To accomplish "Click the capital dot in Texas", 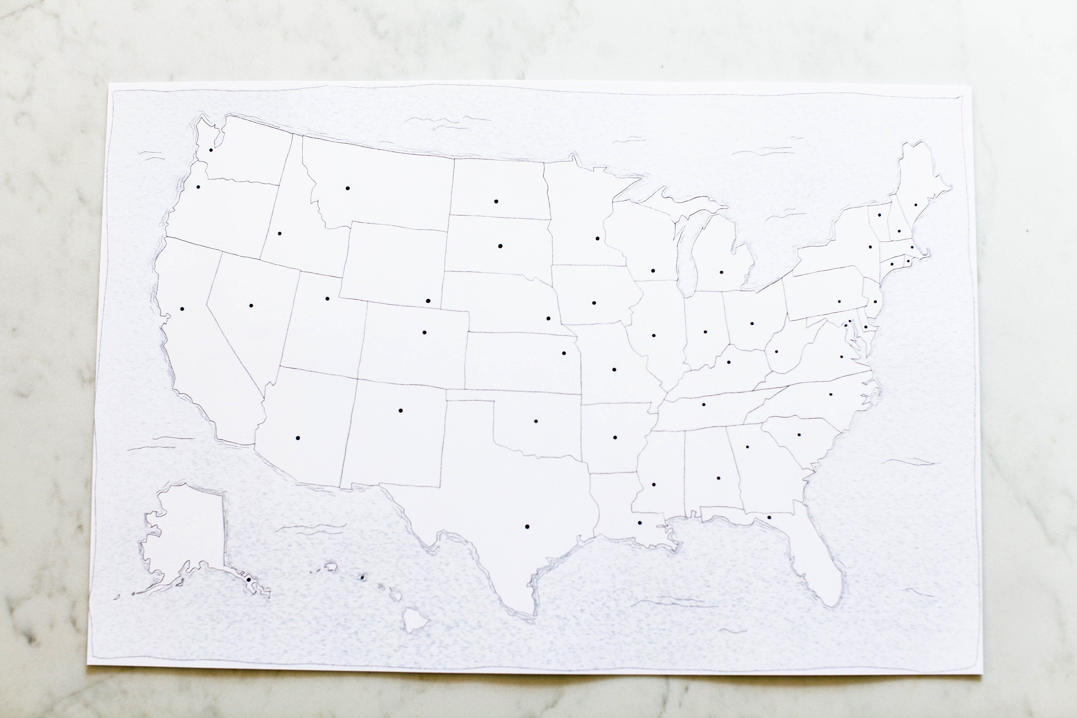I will (527, 527).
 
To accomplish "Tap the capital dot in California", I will (182, 309).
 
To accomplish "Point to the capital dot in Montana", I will (348, 188).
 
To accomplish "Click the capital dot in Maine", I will (916, 205).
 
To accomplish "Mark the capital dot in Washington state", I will (211, 150).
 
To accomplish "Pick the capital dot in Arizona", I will (298, 438).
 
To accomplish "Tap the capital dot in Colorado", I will (424, 332).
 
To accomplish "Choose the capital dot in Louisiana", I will (640, 522).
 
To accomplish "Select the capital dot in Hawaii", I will (362, 577).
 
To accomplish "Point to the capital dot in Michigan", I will (721, 272).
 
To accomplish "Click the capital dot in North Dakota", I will (496, 201).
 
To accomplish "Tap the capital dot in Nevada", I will (251, 306).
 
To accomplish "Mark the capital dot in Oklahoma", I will (536, 421).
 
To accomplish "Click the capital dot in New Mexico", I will (400, 411).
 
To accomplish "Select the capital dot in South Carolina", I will (799, 434).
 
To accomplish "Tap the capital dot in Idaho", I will (279, 234).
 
